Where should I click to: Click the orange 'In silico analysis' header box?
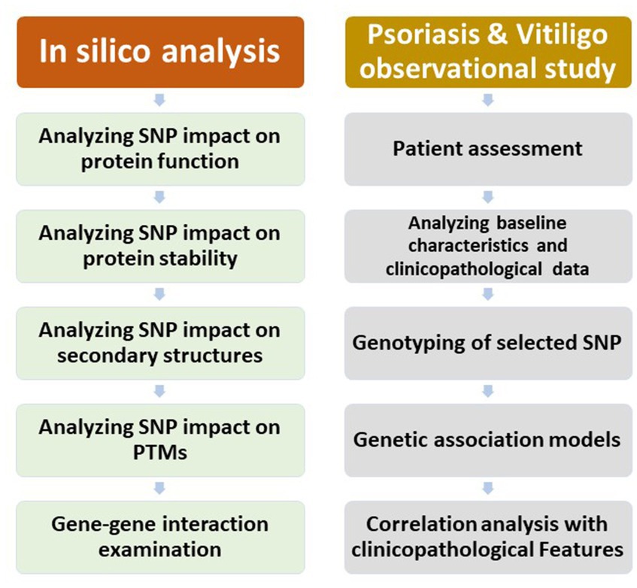coord(160,52)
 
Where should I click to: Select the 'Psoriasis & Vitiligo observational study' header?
coord(488,52)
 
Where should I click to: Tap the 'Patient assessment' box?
coord(488,149)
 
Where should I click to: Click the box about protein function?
coord(160,149)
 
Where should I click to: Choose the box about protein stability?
coord(160,246)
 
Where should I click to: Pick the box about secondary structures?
coord(160,343)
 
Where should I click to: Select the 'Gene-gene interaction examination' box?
coord(160,537)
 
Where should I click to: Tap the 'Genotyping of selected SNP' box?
coord(488,343)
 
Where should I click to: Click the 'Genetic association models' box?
coord(488,440)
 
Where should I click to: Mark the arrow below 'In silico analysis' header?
coord(159,100)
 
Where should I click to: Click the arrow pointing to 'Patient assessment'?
coord(488,100)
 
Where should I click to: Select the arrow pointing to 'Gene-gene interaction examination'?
coord(159,489)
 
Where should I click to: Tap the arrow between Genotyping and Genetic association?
coord(488,392)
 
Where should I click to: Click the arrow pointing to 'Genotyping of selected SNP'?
coord(488,295)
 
